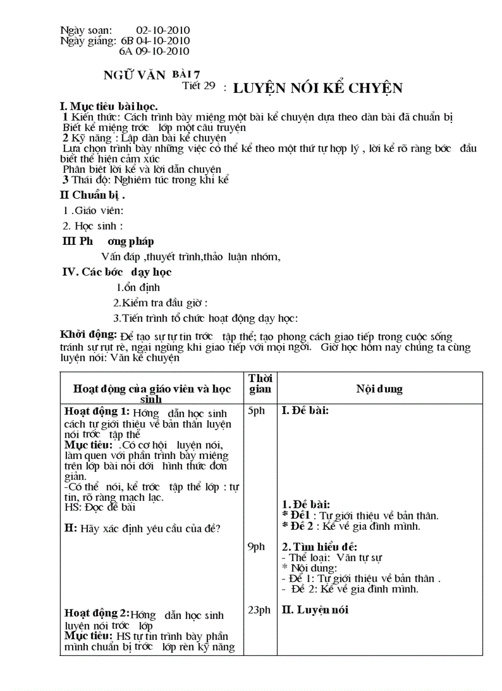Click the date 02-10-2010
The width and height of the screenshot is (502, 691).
163,30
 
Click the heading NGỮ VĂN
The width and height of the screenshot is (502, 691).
135,76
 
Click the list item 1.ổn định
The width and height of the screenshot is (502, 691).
138,287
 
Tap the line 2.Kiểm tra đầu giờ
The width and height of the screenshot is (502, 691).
160,303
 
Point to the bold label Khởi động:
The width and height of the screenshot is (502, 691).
89,335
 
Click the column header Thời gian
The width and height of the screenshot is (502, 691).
260,383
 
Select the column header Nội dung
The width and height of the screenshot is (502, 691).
380,389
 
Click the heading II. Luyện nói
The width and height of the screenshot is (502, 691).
315,610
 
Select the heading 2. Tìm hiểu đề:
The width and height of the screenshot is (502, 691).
319,546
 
